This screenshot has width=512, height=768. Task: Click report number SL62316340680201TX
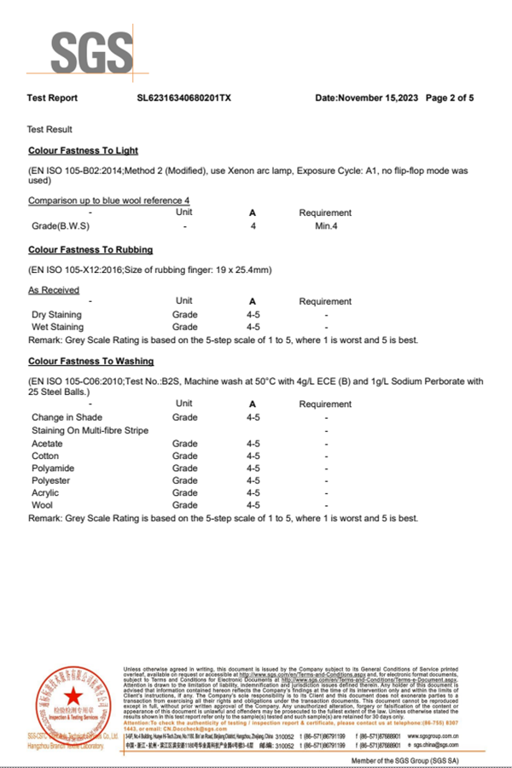coord(183,98)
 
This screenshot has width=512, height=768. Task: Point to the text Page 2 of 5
coord(450,98)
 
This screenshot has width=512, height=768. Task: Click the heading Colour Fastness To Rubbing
coord(90,250)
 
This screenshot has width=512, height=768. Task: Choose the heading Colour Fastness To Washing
coord(91,361)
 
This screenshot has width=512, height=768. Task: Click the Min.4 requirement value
coord(326,226)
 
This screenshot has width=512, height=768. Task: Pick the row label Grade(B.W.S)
coord(61,226)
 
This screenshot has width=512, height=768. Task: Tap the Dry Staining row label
coord(57,315)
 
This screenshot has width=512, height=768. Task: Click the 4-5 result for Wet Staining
coord(253,327)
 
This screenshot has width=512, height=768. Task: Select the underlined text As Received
coord(54,290)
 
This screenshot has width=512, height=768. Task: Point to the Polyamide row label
coord(54,468)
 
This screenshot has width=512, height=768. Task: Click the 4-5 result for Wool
coord(253,505)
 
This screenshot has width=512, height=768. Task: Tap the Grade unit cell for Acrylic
coord(184,492)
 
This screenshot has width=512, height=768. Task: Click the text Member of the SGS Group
coord(404,759)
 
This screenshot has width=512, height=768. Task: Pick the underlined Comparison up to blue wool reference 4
coord(109,201)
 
